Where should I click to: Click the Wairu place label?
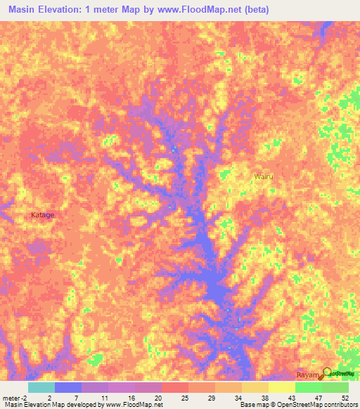click(264, 176)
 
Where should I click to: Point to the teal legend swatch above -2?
click(41, 387)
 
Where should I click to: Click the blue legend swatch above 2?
click(68, 387)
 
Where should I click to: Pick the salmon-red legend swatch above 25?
click(175, 387)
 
